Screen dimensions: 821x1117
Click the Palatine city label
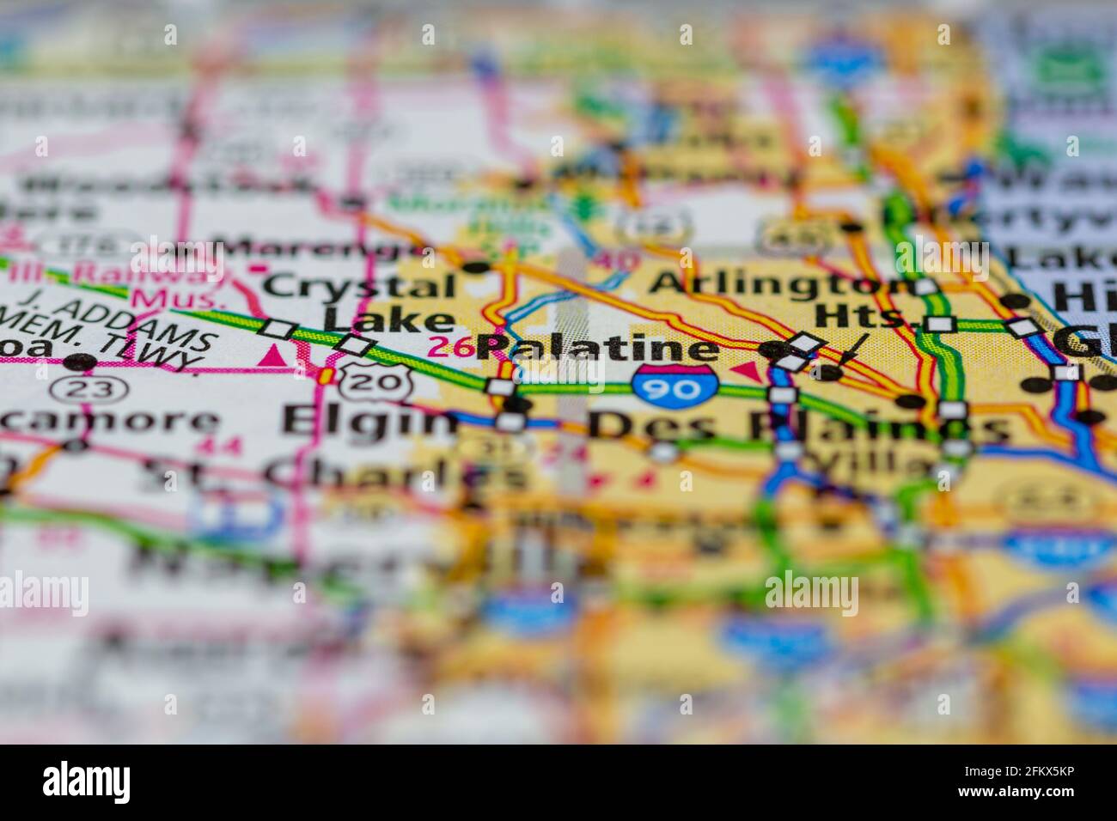[598, 348]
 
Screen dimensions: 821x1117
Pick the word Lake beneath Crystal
[388, 319]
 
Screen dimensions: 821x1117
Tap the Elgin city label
[370, 422]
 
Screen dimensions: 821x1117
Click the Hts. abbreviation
[862, 316]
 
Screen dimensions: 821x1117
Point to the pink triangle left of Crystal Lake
[275, 354]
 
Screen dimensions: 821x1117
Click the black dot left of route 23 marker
[81, 362]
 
